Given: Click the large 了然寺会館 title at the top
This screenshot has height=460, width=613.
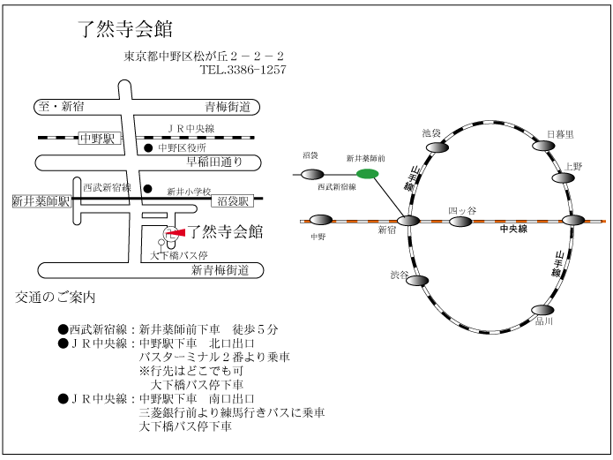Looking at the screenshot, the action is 125,29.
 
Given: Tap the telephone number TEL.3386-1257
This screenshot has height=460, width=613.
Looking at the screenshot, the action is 243,70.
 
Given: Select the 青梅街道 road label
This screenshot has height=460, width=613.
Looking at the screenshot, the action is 228,107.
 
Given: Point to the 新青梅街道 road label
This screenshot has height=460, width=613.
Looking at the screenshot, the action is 221,270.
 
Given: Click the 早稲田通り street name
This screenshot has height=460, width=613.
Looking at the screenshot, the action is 214,162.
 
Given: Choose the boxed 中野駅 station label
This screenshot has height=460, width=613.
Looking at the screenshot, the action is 97,139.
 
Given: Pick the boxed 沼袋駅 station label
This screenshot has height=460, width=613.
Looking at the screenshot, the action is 233,201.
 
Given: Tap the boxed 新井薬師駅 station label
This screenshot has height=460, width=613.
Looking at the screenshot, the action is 41,201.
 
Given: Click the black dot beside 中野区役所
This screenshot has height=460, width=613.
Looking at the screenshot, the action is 148,148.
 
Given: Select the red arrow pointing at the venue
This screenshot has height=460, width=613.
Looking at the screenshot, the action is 176,233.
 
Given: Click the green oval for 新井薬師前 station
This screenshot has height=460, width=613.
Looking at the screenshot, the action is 368,174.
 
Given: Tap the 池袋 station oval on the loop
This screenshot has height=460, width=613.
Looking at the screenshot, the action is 437,147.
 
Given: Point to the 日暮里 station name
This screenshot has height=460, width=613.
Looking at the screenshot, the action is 560,134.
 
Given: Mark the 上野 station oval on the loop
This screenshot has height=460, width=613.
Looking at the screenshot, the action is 564,177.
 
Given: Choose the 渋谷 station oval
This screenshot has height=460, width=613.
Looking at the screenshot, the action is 417,281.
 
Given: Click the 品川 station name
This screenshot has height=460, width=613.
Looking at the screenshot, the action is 544,321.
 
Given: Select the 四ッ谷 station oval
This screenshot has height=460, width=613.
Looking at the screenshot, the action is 460,222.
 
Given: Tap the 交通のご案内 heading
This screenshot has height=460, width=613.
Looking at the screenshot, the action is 55,298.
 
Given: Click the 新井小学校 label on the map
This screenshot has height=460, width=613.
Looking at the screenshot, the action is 189,191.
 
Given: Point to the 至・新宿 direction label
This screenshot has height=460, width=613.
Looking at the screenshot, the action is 61,106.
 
